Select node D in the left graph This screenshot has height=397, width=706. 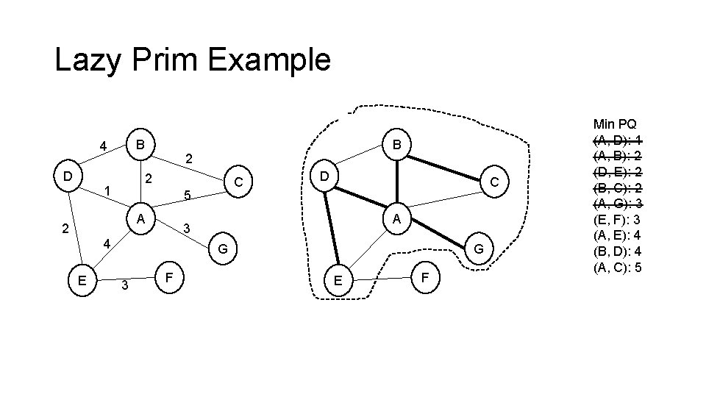point(67,177)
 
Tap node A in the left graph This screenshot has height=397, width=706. point(140,219)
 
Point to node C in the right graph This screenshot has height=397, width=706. point(495,181)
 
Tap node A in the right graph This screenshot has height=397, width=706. point(396,219)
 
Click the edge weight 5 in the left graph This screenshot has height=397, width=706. point(187,196)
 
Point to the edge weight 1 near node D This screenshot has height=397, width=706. point(107,191)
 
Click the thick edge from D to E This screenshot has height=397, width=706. point(330,228)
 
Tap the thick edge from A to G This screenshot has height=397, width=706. point(437,235)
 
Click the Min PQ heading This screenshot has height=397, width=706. point(616,124)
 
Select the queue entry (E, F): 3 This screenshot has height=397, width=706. point(617,219)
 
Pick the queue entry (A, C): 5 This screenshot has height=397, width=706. point(617,266)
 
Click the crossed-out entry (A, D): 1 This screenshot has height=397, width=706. point(617,140)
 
